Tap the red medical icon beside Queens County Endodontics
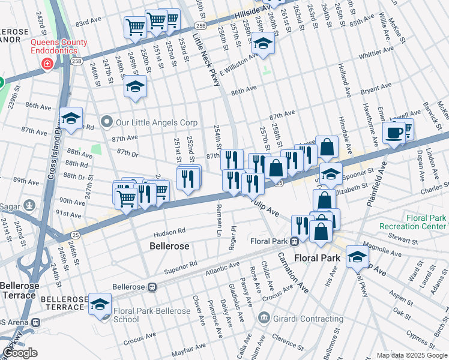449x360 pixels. tap(47, 64)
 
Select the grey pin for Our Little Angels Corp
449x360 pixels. tap(107, 122)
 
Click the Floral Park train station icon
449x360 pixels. tap(295, 242)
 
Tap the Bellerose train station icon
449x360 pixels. tap(152, 287)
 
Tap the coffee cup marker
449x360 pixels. tap(394, 133)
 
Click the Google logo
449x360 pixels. tap(20, 353)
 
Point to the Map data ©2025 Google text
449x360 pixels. tap(411, 355)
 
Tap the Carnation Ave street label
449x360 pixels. tap(292, 272)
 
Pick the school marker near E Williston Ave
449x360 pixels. tap(263, 44)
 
